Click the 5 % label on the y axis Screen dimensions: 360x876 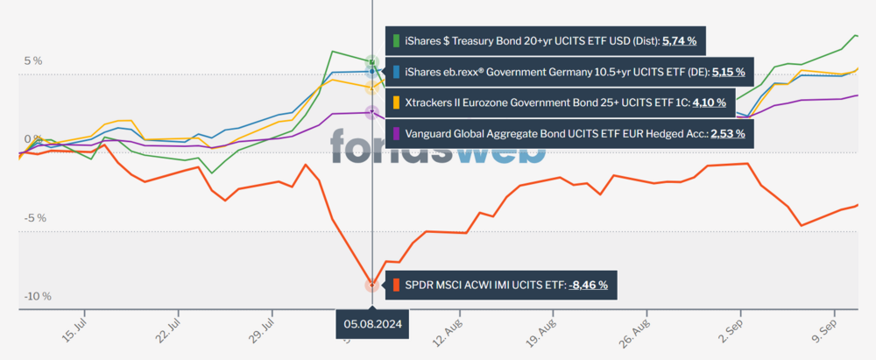tap(32, 60)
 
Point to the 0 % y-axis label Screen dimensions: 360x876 tap(32, 139)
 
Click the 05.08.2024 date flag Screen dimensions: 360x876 tap(372, 323)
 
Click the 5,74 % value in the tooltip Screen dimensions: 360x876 tap(685, 40)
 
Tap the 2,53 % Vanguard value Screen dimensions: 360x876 tap(728, 133)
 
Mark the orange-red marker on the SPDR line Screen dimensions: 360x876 tap(372, 285)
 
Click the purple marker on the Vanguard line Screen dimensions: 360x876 tap(372, 112)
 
